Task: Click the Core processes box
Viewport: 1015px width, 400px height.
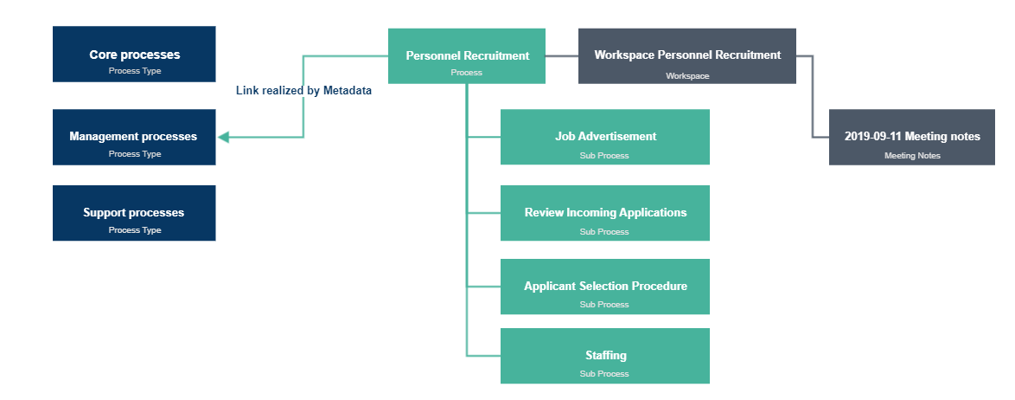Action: coord(134,54)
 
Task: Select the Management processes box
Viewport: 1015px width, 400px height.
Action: coord(134,137)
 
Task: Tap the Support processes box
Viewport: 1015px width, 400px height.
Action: coord(134,213)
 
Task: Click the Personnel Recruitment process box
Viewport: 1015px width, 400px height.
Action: coord(467,55)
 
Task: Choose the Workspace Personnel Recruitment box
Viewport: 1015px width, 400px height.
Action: coord(686,55)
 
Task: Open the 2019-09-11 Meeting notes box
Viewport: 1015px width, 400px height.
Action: coord(911,137)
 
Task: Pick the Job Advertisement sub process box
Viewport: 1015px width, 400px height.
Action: coord(604,137)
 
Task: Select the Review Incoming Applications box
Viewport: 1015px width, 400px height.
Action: coord(604,213)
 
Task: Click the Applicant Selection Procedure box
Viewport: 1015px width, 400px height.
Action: coord(604,287)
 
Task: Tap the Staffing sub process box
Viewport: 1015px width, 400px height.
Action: coord(604,356)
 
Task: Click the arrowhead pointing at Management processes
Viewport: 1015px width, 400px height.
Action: coord(223,137)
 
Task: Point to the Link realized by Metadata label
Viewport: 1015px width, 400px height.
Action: coord(303,91)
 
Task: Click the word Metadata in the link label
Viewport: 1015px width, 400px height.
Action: coord(348,91)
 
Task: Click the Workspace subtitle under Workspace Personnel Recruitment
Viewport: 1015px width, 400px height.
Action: coord(686,76)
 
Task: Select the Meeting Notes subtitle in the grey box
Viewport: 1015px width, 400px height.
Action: coord(911,156)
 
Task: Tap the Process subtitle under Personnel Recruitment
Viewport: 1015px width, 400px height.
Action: coord(466,73)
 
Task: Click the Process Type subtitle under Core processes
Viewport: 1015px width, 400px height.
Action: coord(134,71)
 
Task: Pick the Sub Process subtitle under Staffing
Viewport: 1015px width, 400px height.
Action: coord(604,374)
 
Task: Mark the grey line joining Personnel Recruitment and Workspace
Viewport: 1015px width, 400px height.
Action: coord(562,55)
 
